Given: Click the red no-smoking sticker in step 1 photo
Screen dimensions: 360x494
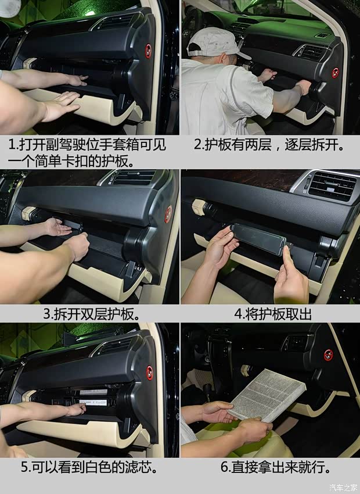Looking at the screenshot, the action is pyautogui.click(x=148, y=51).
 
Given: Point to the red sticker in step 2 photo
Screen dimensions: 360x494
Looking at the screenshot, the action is pyautogui.click(x=336, y=73).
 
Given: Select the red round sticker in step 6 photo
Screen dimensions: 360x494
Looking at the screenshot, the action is pyautogui.click(x=328, y=355).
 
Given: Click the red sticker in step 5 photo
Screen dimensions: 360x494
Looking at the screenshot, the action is pyautogui.click(x=150, y=373).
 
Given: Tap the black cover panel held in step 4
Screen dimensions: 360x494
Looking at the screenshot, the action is pyautogui.click(x=258, y=239).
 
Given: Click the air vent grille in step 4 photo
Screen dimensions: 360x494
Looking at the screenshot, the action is pyautogui.click(x=332, y=185).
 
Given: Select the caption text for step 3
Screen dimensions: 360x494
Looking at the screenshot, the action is pyautogui.click(x=91, y=314).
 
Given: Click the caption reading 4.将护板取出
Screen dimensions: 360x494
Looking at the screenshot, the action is pyautogui.click(x=273, y=314).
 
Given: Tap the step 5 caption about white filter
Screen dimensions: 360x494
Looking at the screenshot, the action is pyautogui.click(x=89, y=467).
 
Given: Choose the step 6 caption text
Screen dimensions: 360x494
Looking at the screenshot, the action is pyautogui.click(x=276, y=467).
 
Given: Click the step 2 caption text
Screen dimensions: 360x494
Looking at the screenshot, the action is pyautogui.click(x=269, y=145).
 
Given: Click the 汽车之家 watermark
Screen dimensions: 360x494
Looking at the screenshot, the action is pyautogui.click(x=344, y=488).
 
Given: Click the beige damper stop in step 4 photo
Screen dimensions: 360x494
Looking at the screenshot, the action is pyautogui.click(x=199, y=207).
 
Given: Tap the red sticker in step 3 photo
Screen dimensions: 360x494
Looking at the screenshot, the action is pyautogui.click(x=168, y=214).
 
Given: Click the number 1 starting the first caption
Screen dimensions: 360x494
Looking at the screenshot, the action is pyautogui.click(x=12, y=145).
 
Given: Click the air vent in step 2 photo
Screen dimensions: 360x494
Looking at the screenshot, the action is pyautogui.click(x=312, y=52).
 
